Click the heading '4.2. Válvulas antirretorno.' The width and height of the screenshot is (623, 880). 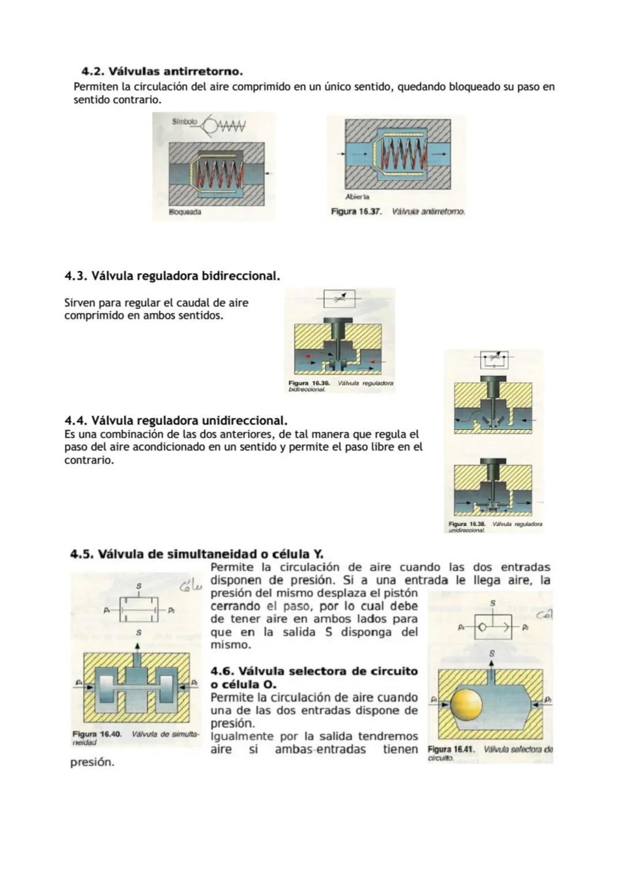tap(162, 71)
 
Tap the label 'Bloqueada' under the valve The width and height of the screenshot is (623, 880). tap(185, 212)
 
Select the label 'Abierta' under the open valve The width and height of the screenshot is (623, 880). tap(357, 197)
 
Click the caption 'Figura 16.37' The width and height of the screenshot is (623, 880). tap(356, 211)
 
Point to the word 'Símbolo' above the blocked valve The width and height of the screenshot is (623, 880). tap(184, 122)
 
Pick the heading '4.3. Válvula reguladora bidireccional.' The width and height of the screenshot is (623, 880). tap(172, 276)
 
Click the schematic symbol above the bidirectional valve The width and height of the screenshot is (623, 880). tap(339, 298)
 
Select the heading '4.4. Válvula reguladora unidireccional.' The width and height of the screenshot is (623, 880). tap(175, 420)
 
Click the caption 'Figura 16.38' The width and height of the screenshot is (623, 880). tap(467, 524)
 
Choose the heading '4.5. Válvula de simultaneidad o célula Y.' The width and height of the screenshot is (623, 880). tap(196, 554)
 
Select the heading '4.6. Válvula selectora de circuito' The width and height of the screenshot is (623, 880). tap(314, 671)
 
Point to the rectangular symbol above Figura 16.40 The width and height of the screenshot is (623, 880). tap(138, 609)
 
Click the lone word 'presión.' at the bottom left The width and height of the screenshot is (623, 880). tap(92, 762)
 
